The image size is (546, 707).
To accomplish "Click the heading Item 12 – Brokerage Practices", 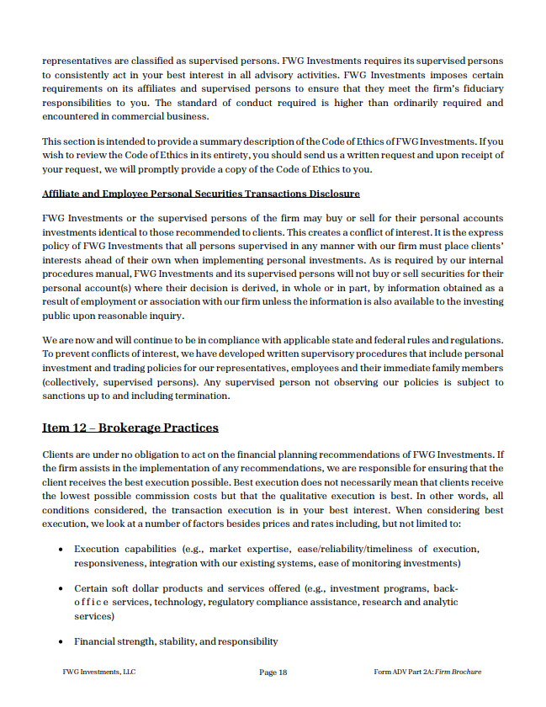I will (130, 428).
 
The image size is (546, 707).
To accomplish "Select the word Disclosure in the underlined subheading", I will (331, 194).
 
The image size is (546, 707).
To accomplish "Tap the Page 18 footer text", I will (273, 672).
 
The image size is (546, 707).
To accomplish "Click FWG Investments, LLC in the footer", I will (98, 672).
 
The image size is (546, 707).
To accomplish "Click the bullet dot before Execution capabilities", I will (62, 549).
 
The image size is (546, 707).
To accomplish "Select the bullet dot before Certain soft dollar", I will (62, 588).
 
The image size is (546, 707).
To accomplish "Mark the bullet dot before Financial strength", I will (62, 642).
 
